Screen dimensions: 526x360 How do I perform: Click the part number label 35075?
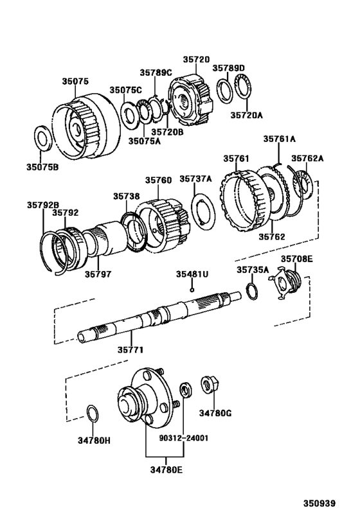(x=75, y=82)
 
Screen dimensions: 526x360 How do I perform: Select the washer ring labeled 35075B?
(x=43, y=138)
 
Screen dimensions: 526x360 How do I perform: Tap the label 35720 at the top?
(x=195, y=58)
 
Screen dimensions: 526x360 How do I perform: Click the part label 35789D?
(x=229, y=67)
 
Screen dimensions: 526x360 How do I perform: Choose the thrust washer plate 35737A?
(x=202, y=210)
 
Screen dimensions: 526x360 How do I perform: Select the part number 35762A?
(x=307, y=158)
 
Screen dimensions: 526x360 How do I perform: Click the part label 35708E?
(x=296, y=259)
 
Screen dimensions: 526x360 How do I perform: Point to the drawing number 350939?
(x=320, y=504)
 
